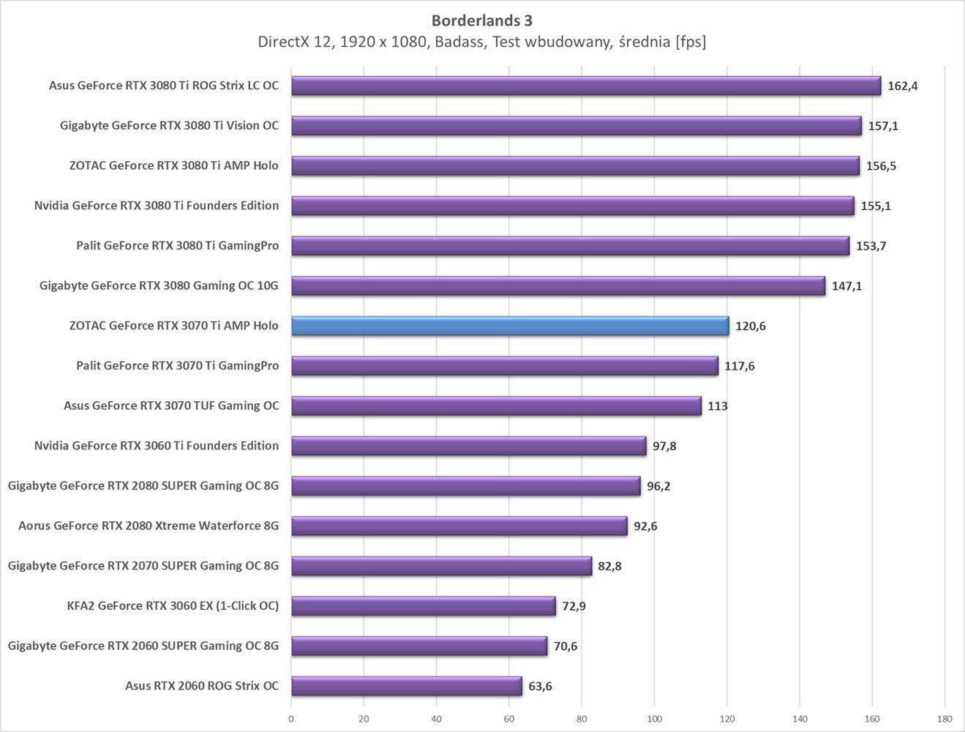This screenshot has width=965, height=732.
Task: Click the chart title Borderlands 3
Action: click(481, 20)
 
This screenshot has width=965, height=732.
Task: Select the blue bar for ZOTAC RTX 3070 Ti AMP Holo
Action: click(510, 326)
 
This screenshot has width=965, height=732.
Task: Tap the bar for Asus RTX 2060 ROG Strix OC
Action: click(406, 686)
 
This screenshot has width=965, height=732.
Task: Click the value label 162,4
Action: click(902, 86)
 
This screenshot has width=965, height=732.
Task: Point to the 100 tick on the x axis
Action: click(654, 718)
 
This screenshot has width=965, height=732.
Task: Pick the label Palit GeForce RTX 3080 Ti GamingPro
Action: click(177, 245)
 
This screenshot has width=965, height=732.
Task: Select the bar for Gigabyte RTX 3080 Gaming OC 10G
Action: click(557, 285)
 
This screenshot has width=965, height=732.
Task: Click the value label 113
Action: click(717, 406)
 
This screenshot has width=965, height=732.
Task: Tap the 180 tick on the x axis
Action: click(945, 718)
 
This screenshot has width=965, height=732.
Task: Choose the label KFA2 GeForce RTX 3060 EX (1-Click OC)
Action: click(173, 605)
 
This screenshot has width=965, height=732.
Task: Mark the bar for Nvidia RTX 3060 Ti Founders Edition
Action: click(468, 446)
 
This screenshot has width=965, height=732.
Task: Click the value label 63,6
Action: click(540, 686)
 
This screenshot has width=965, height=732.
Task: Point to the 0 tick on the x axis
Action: click(291, 718)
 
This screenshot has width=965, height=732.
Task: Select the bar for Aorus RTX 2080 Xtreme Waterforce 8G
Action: click(459, 526)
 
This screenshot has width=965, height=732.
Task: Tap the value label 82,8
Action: click(609, 566)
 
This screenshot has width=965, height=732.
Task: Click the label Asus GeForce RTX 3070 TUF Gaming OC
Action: click(171, 406)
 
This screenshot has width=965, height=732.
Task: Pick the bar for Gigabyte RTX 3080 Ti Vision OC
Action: click(576, 126)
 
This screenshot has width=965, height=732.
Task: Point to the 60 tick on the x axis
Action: click(509, 718)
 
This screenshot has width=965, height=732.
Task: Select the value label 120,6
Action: click(751, 326)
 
